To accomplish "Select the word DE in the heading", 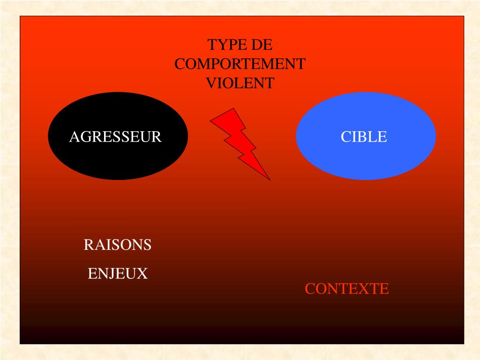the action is [262, 45].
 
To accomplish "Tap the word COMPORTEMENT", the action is [240, 64].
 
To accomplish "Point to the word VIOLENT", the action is [240, 83].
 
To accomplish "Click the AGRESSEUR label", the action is [115, 137].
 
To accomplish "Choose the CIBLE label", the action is [364, 137].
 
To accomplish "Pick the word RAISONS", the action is [118, 245].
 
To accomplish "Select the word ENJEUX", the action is [118, 273].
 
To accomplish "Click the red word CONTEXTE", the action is [347, 289].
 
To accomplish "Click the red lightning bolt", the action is [239, 141].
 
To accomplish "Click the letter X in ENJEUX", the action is [142, 273].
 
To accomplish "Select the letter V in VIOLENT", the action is [211, 83].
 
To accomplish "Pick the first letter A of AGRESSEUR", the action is [75, 137].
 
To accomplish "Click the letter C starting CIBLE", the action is [345, 137].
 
